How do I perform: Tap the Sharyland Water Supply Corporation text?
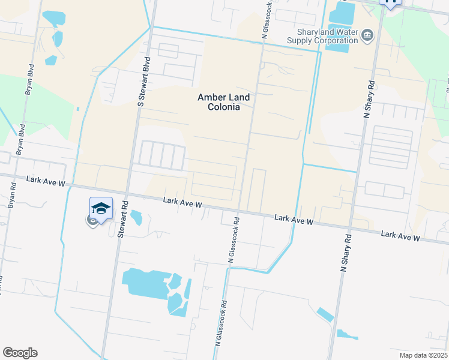coord(327,36)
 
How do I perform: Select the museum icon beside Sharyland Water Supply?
coord(367,37)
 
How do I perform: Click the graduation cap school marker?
coord(101,209)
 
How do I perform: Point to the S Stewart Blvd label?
coord(143,83)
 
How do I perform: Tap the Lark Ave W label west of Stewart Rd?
coord(45,181)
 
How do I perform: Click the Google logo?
coord(20,353)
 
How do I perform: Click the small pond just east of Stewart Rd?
coord(136,217)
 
